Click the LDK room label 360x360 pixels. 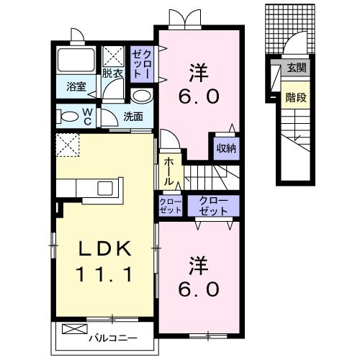105,248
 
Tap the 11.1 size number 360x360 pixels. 104,274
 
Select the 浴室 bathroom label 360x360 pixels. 76,86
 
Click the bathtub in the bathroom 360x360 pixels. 76,60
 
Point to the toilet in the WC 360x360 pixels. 67,117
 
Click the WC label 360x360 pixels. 87,117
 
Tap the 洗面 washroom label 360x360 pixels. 133,117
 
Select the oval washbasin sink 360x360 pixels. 142,96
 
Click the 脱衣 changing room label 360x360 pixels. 112,73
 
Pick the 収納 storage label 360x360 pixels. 226,148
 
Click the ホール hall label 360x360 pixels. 168,171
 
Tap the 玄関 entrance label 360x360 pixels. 297,68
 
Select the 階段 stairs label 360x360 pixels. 296,97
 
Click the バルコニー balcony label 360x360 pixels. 113,338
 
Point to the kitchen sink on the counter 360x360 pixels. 105,188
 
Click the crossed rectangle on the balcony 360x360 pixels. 75,329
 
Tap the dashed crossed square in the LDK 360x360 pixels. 68,145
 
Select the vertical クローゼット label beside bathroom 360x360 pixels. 142,64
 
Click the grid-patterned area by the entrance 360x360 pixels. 290,29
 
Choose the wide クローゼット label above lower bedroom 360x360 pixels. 213,206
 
